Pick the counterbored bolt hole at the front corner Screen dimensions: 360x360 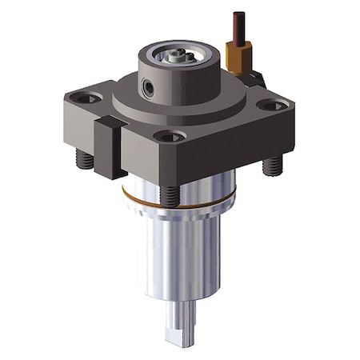170,137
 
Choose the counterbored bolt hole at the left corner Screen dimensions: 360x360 86,98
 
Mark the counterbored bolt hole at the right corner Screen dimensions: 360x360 273,105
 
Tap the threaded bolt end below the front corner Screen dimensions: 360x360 170,195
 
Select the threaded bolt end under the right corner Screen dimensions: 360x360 273,166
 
